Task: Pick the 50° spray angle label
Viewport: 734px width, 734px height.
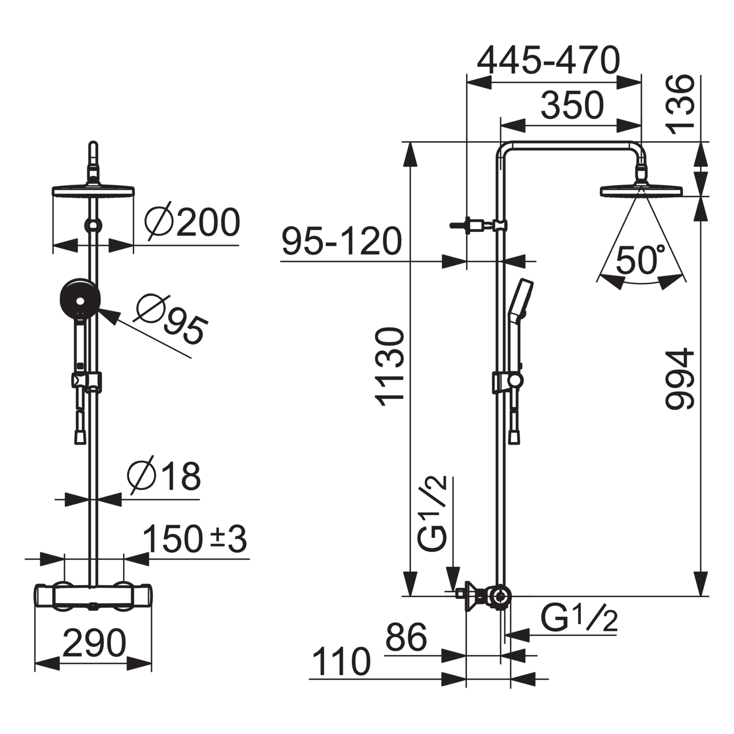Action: pos(640,260)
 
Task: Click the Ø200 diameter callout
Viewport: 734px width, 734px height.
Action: pos(192,224)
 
